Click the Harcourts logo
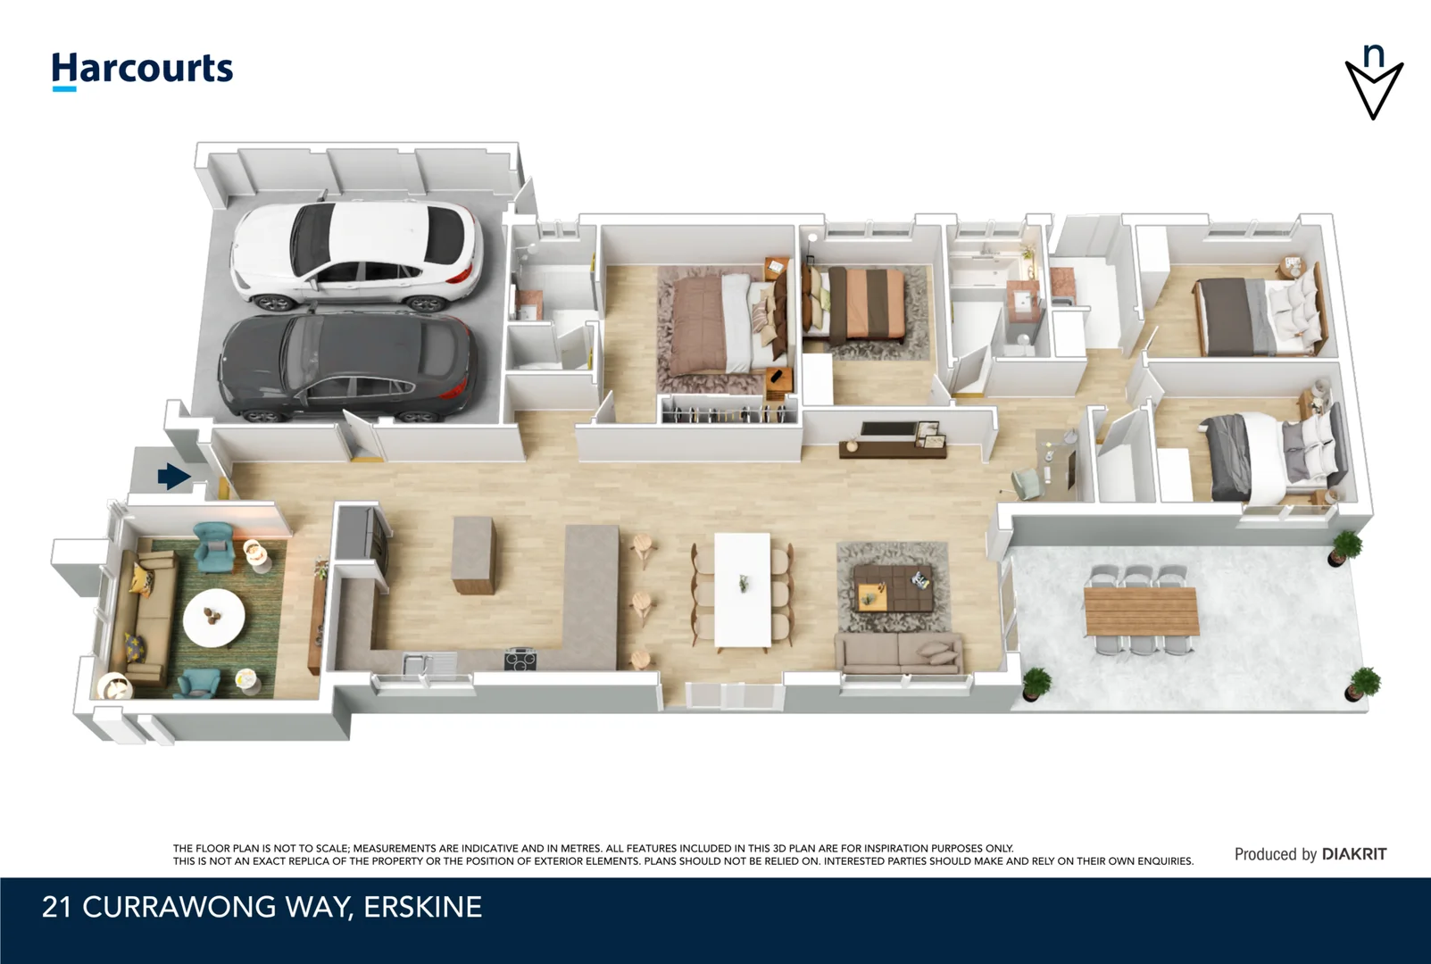[142, 71]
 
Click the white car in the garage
[356, 255]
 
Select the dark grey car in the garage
[348, 367]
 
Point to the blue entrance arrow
[174, 476]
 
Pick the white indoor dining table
[743, 590]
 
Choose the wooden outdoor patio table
[1141, 611]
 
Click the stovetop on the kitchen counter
[520, 659]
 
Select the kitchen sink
[421, 661]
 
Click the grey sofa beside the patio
[899, 652]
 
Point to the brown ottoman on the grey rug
[893, 587]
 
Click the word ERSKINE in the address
[423, 907]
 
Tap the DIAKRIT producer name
[1354, 854]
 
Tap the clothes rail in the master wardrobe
[728, 414]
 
